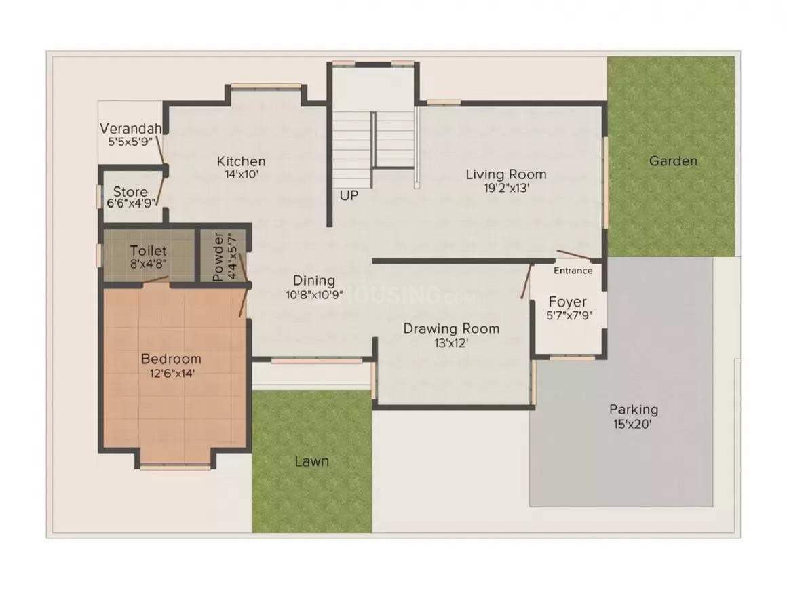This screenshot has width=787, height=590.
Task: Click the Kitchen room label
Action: [x=241, y=161]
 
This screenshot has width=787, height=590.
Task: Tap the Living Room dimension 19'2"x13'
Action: [x=506, y=189]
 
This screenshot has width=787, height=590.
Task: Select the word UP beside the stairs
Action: [x=349, y=195]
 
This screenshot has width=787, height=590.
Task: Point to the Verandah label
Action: [x=130, y=129]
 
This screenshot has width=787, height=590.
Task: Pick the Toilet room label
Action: [x=148, y=251]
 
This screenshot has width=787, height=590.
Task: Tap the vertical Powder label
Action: [x=218, y=257]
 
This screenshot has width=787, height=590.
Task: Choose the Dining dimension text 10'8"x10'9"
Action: [x=314, y=295]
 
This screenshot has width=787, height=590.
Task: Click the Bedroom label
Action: [x=171, y=359]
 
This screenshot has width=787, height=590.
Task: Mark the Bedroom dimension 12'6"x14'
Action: [x=171, y=373]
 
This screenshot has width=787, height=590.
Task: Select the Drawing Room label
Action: [x=451, y=329]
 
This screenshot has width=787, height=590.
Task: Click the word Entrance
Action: [x=573, y=271]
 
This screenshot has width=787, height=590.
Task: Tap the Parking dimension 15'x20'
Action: [x=633, y=425]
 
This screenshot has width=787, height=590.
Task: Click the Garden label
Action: [x=672, y=161]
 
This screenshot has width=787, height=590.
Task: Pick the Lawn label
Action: [x=311, y=461]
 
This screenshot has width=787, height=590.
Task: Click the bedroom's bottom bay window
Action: [x=175, y=467]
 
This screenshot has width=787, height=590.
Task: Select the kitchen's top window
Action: [x=266, y=86]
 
